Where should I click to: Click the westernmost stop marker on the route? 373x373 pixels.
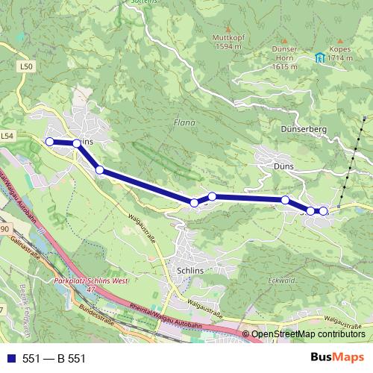pyautogui.click(x=50, y=142)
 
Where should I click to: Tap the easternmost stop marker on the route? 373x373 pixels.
pyautogui.click(x=323, y=211)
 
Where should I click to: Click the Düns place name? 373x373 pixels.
pyautogui.click(x=284, y=166)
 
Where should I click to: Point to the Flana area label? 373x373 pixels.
pyautogui.click(x=184, y=122)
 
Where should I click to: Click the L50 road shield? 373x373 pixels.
pyautogui.click(x=28, y=66)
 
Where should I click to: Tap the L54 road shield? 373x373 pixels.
pyautogui.click(x=7, y=136)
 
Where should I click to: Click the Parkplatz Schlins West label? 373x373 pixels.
pyautogui.click(x=92, y=281)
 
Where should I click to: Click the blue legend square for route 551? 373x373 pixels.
pyautogui.click(x=10, y=358)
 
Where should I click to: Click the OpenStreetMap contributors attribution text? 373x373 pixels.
pyautogui.click(x=308, y=334)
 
